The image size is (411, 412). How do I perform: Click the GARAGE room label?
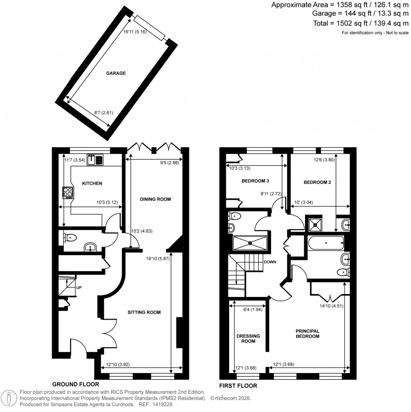pyautogui.click(x=116, y=73)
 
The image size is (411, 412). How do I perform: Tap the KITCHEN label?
pyautogui.click(x=92, y=183)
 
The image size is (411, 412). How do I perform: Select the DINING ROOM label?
pyautogui.click(x=155, y=199)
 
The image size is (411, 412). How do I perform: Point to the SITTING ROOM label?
pyautogui.click(x=144, y=312)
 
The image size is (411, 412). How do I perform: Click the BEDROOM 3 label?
pyautogui.click(x=255, y=181)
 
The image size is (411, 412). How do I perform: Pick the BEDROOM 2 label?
pyautogui.click(x=317, y=182)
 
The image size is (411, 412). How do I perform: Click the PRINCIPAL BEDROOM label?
pyautogui.click(x=307, y=333)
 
